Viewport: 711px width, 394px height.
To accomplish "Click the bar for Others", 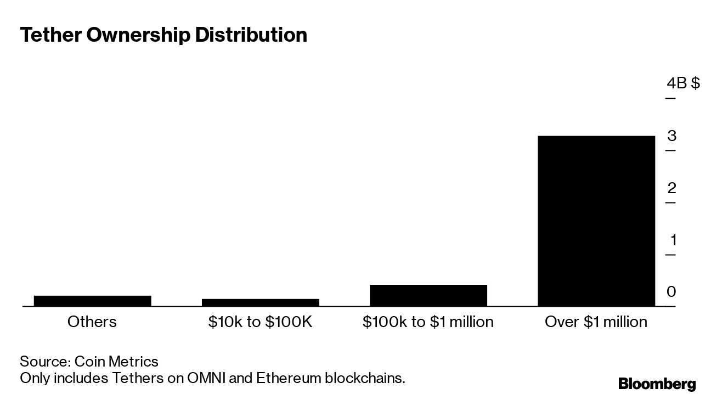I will (92, 301).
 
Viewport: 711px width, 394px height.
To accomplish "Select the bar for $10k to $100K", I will (260, 302).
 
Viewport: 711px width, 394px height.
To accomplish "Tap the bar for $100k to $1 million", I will (428, 295).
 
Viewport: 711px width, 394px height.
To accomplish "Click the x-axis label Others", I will (92, 322).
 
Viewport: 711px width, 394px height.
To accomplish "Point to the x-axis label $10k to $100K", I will (260, 322).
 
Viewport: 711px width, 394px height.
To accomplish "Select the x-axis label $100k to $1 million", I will (428, 322).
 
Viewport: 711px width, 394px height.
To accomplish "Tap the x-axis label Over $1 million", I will (596, 322).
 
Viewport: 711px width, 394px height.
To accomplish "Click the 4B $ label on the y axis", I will (683, 83).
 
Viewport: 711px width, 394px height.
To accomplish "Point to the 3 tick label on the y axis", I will (672, 136).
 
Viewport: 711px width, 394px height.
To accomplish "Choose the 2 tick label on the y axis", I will (672, 188).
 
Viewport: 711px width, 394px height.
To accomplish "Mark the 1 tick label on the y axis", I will (672, 240).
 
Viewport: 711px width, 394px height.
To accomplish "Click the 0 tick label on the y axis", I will (672, 292).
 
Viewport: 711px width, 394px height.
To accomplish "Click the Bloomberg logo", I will (657, 384).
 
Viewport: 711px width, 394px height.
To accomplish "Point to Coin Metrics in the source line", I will (116, 362).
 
